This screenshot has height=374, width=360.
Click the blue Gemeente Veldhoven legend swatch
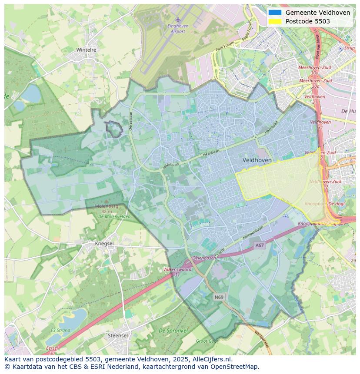275,13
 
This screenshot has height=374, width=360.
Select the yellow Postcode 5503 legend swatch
275,21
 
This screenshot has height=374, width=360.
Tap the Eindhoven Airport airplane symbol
177,19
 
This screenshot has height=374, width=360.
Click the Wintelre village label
86,50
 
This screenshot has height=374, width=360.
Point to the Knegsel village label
104,244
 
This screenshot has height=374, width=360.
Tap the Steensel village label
118,336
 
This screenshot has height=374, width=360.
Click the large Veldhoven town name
257,160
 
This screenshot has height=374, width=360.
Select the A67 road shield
260,245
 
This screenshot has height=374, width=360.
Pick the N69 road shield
220,297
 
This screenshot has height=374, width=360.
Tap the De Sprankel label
173,331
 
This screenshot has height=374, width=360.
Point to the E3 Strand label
60,331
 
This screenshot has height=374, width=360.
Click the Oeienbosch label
203,258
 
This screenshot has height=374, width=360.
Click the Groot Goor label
207,341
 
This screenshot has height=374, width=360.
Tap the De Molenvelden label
114,216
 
